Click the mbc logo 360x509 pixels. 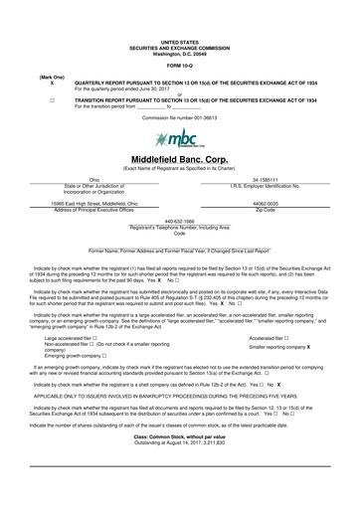(x=179, y=137)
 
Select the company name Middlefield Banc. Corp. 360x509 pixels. (x=180, y=159)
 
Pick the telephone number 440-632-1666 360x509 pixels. (x=180, y=221)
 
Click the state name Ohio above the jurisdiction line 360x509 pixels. (x=95, y=180)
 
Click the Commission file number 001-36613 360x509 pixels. (x=180, y=118)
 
